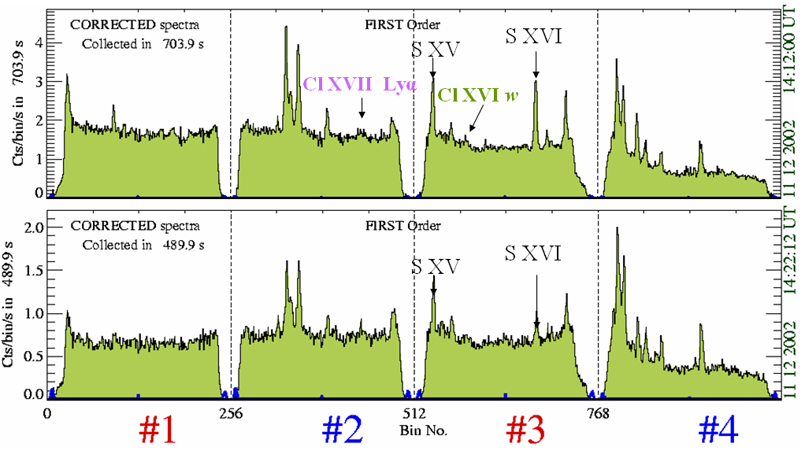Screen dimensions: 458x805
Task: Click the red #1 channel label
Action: [x=158, y=430]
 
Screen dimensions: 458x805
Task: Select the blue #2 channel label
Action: [x=343, y=430]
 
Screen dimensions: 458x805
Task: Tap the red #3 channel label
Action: [x=525, y=430]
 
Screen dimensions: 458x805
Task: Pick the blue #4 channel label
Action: [x=718, y=430]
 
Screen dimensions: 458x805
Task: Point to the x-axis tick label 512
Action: [x=414, y=412]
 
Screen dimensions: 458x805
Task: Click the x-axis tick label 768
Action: [x=599, y=412]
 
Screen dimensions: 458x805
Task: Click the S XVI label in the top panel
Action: [x=534, y=35]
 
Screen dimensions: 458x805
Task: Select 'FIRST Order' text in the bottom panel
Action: [x=402, y=226]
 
